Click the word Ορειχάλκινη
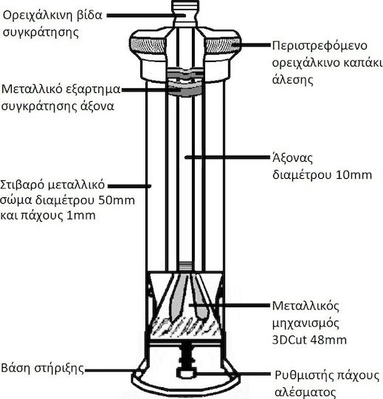pos(36,16)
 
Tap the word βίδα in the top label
pos(89,16)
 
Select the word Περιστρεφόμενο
pos(320,47)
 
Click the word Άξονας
pos(292,158)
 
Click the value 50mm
pos(117,200)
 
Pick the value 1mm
pos(81,216)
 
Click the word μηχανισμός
pos(306,324)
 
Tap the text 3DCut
pos(289,340)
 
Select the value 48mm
pos(329,340)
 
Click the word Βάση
pos(15,368)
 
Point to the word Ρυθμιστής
pos(300,376)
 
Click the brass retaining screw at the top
pos(185,13)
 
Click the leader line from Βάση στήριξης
pos(114,370)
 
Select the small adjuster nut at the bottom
pos(186,373)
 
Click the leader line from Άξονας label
pos(227,157)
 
